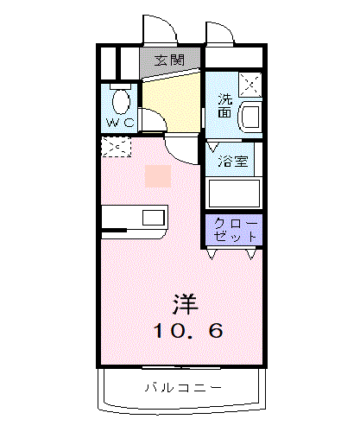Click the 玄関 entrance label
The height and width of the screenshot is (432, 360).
pyautogui.click(x=169, y=60)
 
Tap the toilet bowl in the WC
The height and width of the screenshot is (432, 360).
pyautogui.click(x=121, y=101)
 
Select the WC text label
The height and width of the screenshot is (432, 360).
pyautogui.click(x=120, y=123)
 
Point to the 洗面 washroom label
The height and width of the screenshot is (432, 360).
pyautogui.click(x=224, y=105)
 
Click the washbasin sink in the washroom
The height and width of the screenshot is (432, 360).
pyautogui.click(x=250, y=118)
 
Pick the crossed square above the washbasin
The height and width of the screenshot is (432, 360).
pyautogui.click(x=250, y=85)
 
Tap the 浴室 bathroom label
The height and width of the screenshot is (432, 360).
pyautogui.click(x=233, y=162)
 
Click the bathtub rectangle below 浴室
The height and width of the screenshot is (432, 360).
pyautogui.click(x=234, y=194)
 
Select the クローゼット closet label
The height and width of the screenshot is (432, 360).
pyautogui.click(x=236, y=230)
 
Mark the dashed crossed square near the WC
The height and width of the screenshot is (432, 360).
pyautogui.click(x=117, y=147)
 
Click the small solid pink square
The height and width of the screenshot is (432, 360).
pyautogui.click(x=158, y=176)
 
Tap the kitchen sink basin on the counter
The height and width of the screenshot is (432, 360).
pyautogui.click(x=154, y=218)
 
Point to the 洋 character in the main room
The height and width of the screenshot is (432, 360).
pyautogui.click(x=186, y=304)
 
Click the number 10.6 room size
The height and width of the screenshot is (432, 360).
pyautogui.click(x=188, y=330)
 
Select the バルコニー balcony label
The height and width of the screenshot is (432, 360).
pyautogui.click(x=183, y=388)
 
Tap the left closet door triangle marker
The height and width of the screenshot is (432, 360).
pyautogui.click(x=212, y=254)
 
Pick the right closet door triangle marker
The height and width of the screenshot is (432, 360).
pyautogui.click(x=251, y=254)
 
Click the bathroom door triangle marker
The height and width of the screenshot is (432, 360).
pyautogui.click(x=212, y=147)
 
